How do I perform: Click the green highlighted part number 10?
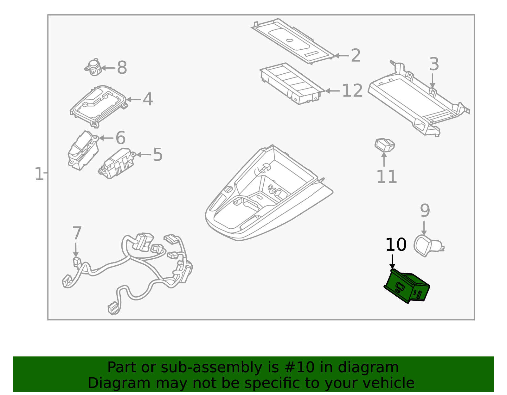(407, 286)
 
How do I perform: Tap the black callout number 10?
(396, 245)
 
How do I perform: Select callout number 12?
(352, 91)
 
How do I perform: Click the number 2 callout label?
(356, 56)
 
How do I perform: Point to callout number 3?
(434, 65)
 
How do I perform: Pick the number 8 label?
(122, 68)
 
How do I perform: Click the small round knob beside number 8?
(93, 67)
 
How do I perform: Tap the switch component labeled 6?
(82, 150)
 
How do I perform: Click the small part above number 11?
(384, 145)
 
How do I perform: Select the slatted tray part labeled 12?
(292, 83)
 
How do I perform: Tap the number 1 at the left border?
(38, 174)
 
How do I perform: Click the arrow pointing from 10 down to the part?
(392, 262)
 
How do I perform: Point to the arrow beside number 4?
(133, 100)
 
